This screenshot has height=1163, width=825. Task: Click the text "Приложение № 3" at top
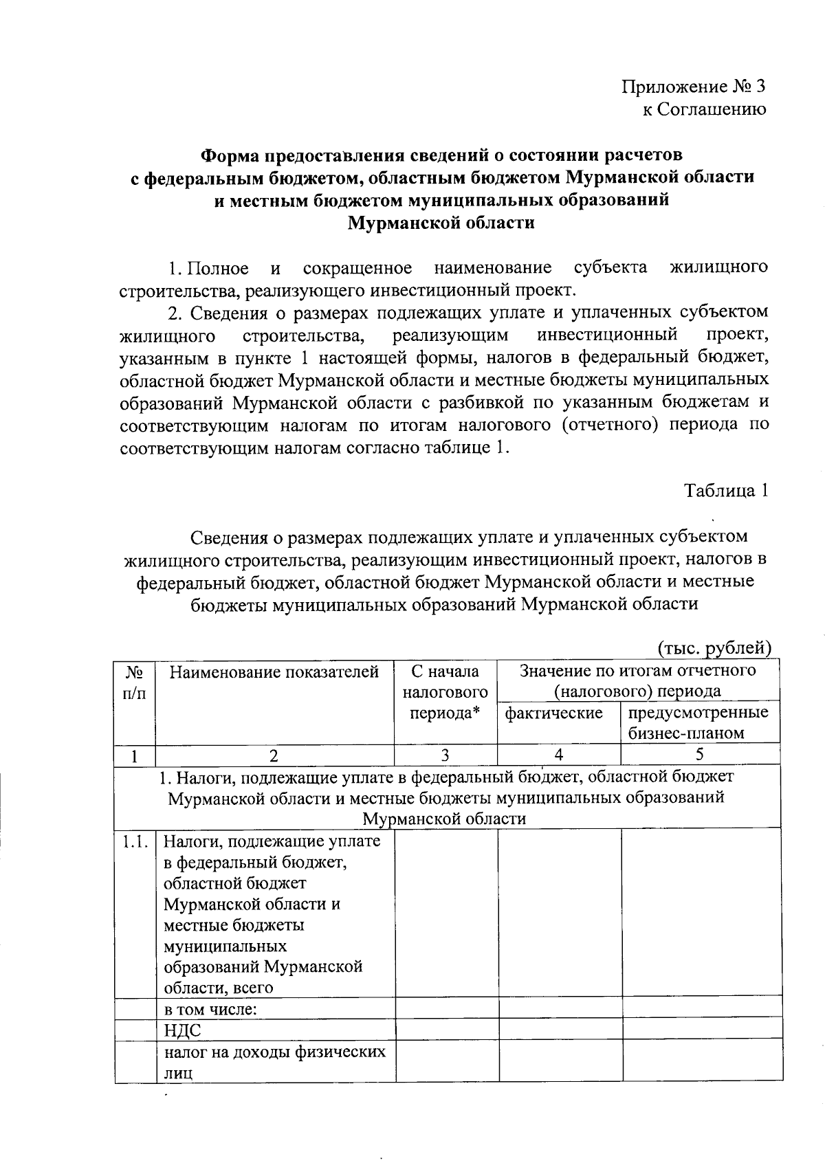(693, 87)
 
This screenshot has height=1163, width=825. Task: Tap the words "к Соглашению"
(704, 109)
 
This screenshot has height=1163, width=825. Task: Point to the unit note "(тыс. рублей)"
(714, 647)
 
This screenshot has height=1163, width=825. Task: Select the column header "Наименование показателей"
(274, 672)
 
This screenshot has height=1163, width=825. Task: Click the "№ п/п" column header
(135, 682)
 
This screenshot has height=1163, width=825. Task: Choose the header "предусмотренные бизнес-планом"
(698, 722)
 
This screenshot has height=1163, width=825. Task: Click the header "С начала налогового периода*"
(445, 691)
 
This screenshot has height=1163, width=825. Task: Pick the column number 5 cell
(699, 754)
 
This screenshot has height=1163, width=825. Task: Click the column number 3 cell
(445, 755)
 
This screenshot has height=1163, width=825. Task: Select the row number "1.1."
(135, 841)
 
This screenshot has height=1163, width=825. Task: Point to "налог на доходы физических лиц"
(274, 1062)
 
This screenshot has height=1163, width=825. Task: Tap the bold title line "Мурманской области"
(441, 223)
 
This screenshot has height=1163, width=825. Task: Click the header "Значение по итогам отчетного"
(637, 670)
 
